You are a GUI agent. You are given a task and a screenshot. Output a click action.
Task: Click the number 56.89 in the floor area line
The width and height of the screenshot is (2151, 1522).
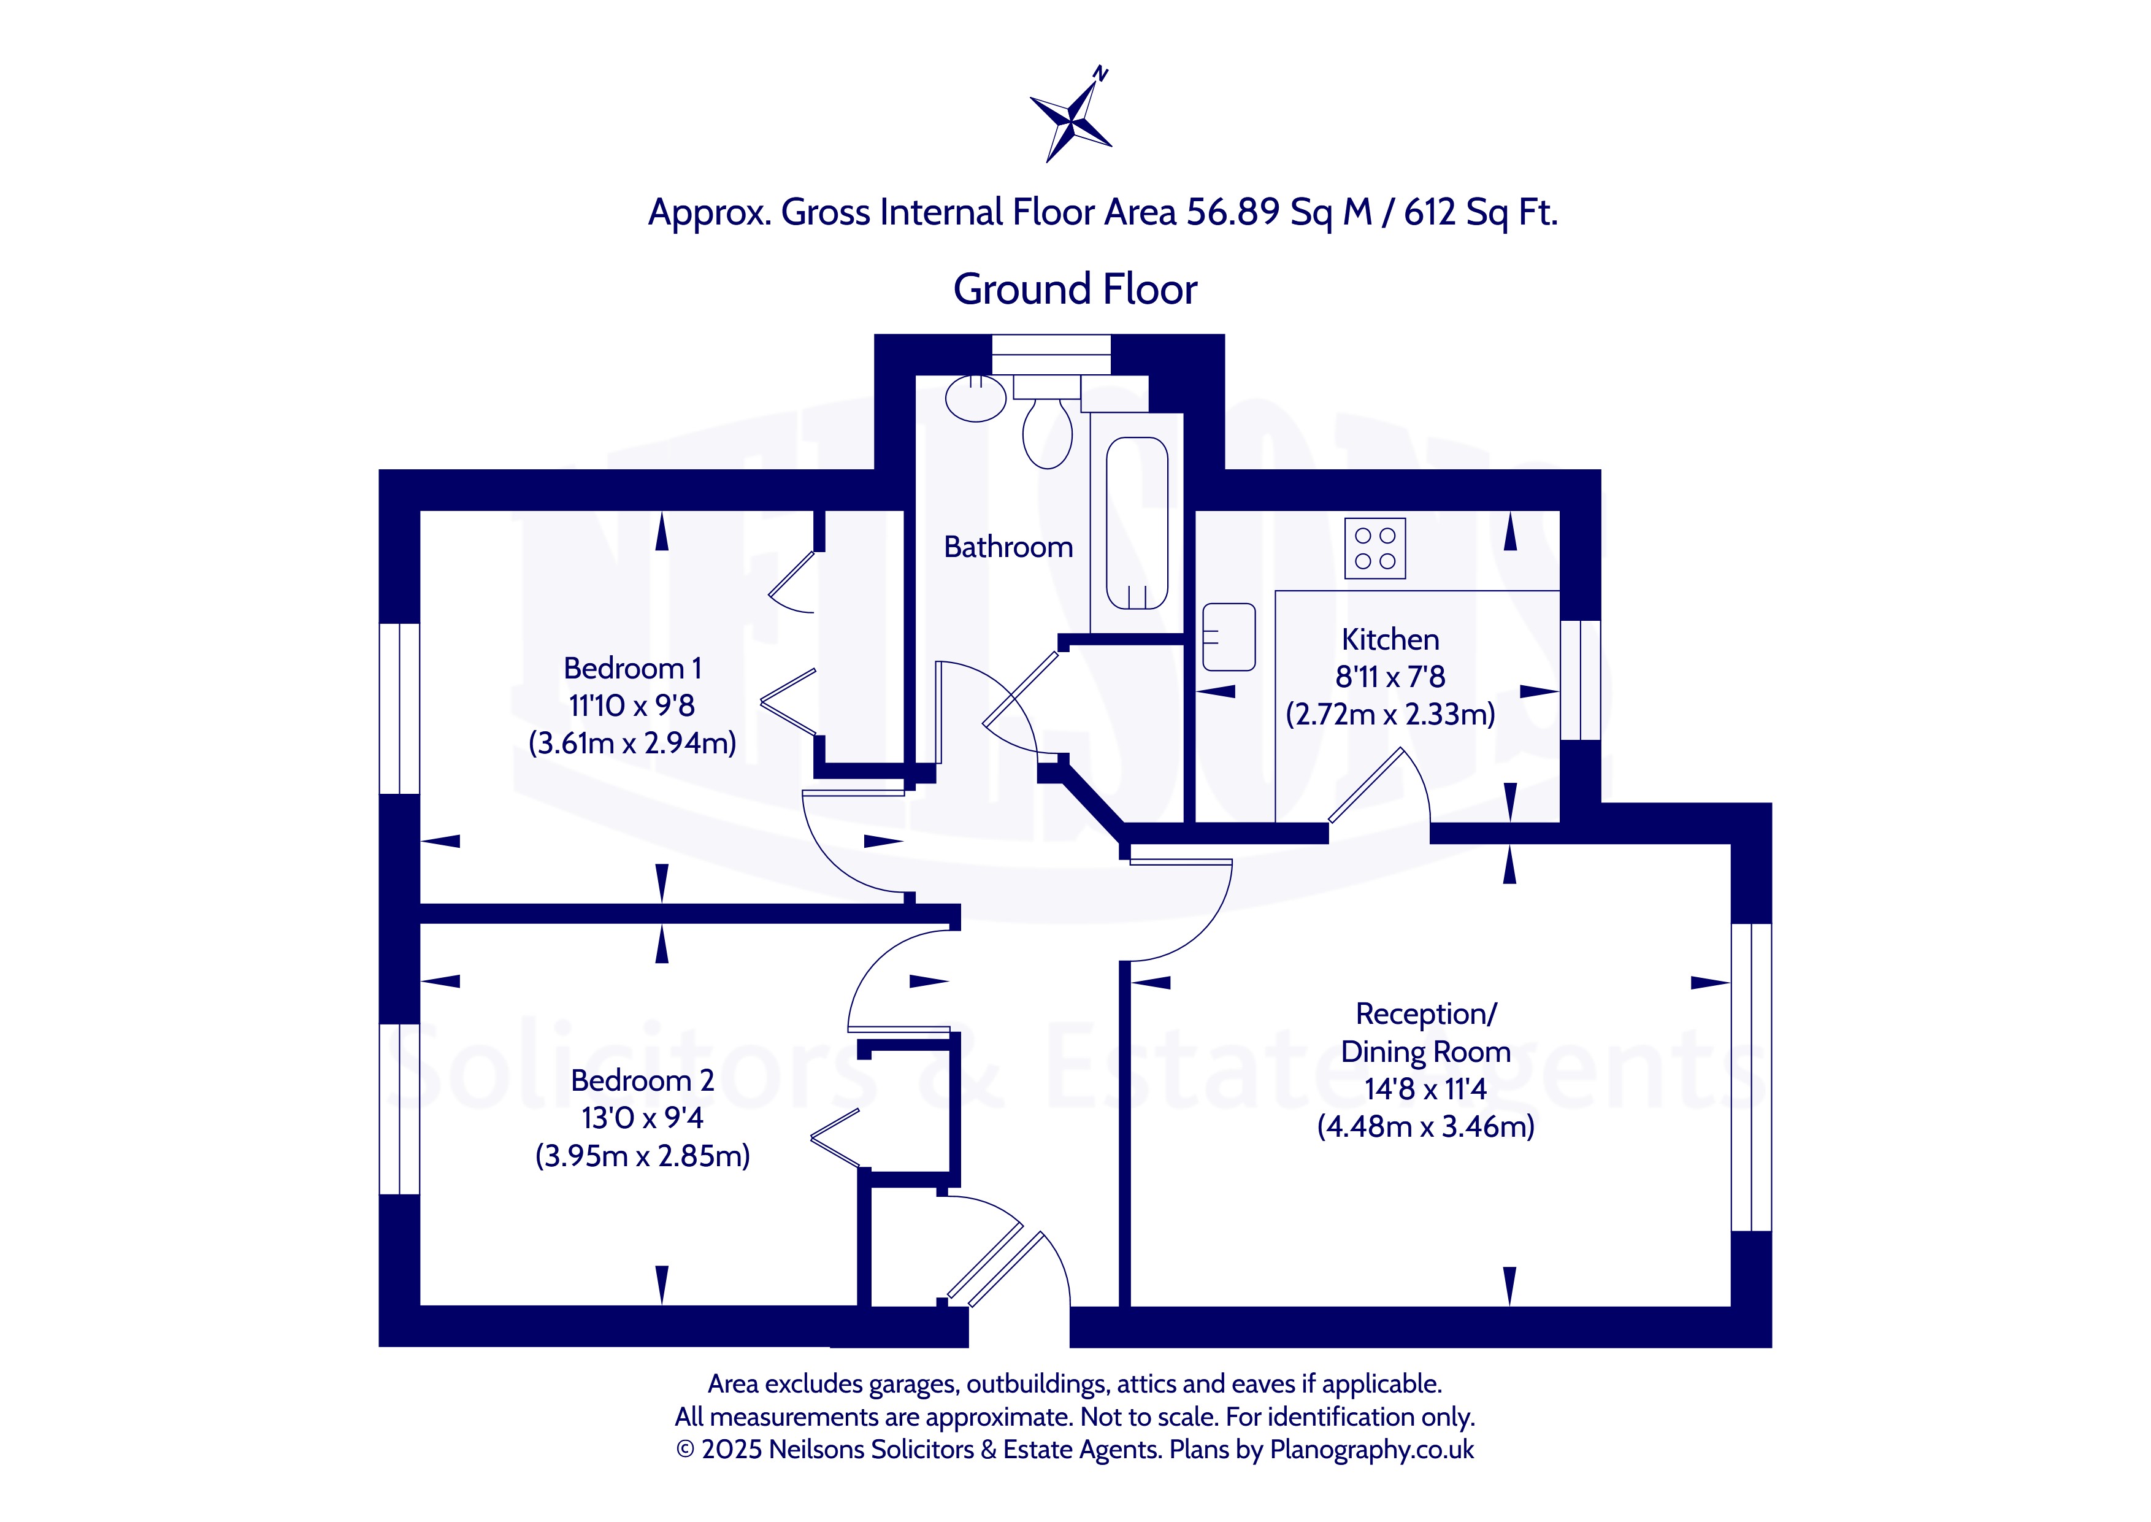pos(1233,213)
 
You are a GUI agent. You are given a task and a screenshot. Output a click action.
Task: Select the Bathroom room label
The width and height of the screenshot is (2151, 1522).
pos(1008,547)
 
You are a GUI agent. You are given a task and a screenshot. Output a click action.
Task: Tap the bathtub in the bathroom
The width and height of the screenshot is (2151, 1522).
pos(1137,523)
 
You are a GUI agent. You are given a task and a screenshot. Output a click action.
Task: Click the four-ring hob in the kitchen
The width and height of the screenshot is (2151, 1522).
pos(1375,548)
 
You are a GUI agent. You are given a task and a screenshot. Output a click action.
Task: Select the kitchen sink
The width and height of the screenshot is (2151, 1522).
pos(1228,637)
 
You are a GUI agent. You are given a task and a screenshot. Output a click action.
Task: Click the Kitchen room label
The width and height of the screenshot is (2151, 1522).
pos(1390,639)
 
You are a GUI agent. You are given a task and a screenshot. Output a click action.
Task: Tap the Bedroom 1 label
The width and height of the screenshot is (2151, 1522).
pos(632,668)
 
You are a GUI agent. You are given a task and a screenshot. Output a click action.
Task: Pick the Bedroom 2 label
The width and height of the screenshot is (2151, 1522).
pos(643,1080)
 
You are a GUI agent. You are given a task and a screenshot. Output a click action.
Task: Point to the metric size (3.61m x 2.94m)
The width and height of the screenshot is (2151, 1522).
pos(632,743)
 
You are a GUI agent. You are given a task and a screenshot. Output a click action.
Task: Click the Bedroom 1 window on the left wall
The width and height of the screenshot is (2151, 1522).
pos(399,709)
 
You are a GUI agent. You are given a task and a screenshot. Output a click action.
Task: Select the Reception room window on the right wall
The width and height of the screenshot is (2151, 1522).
pos(1751,1078)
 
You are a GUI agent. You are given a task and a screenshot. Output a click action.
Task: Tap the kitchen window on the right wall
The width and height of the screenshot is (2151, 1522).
pos(1581,680)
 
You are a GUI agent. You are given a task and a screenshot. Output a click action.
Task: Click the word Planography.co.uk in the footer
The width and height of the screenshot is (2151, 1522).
pos(1371,1450)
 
